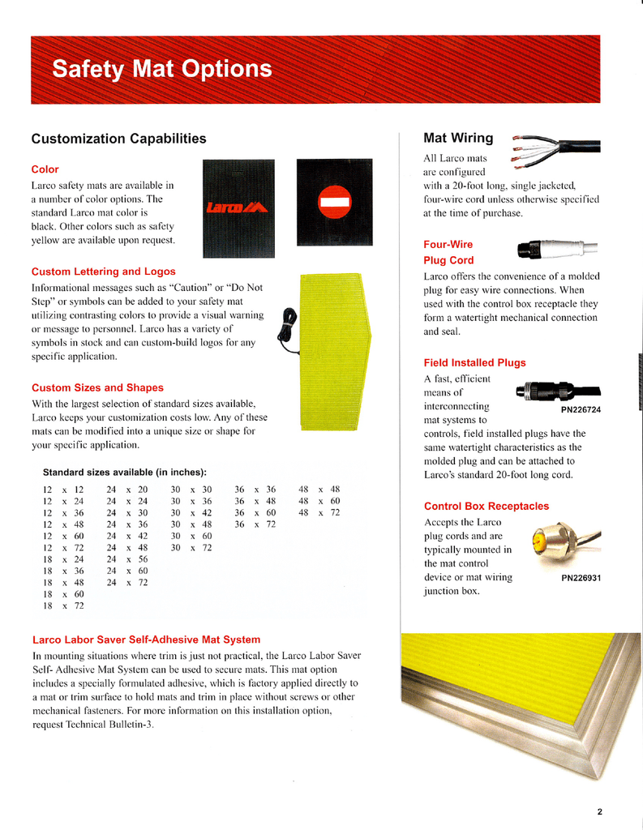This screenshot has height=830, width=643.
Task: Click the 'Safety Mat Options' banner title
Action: pos(162,70)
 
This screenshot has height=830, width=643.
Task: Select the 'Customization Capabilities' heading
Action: pos(118,139)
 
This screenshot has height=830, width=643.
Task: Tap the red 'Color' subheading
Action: pos(45,169)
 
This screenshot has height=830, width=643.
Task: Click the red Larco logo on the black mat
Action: pos(237,208)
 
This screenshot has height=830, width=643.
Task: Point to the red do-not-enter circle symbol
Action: pos(334,200)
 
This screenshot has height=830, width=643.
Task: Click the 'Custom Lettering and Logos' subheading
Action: pos(103,272)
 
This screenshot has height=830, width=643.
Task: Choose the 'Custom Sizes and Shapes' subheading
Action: pos(97,387)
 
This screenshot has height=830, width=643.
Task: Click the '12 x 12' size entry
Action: pos(63,490)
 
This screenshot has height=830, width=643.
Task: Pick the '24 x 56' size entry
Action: pos(127,559)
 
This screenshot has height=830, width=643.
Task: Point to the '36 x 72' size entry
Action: pos(255,524)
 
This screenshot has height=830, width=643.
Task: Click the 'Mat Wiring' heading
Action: pos(458,139)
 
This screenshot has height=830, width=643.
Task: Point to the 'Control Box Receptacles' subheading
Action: pos(487,506)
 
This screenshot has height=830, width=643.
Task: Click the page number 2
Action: pos(599,811)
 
